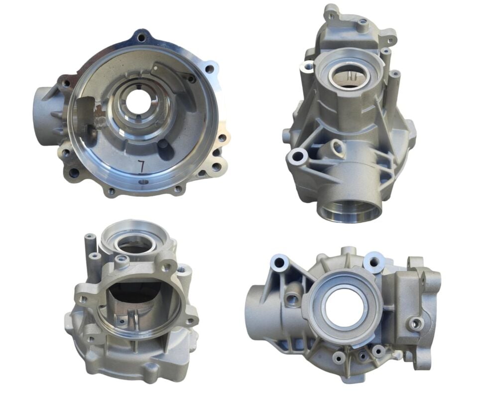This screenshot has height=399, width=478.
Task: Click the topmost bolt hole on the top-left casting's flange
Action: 141,36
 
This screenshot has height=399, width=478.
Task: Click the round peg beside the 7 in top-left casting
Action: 163,145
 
